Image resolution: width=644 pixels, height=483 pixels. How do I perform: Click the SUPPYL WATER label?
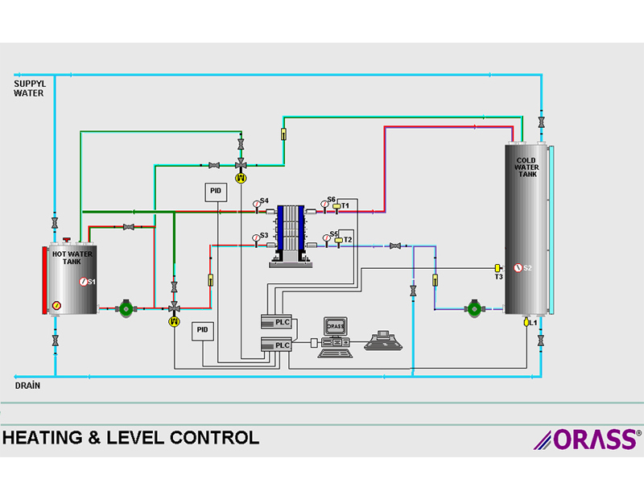pyautogui.click(x=29, y=88)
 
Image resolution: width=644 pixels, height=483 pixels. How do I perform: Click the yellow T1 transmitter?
pyautogui.click(x=336, y=206)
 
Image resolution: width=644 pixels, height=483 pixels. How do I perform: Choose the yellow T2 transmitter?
pyautogui.click(x=339, y=240)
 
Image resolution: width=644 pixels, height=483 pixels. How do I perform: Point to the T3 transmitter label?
pyautogui.click(x=498, y=277)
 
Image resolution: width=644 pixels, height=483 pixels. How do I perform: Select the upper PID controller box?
pyautogui.click(x=215, y=191)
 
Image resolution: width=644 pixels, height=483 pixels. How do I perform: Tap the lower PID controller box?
pyautogui.click(x=203, y=330)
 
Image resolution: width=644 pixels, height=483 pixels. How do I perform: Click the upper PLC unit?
pyautogui.click(x=276, y=322)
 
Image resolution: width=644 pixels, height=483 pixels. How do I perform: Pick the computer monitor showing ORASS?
pyautogui.click(x=336, y=327)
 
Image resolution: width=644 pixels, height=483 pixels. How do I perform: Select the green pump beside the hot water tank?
pyautogui.click(x=126, y=308)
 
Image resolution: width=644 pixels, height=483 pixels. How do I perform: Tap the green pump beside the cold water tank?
pyautogui.click(x=475, y=308)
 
